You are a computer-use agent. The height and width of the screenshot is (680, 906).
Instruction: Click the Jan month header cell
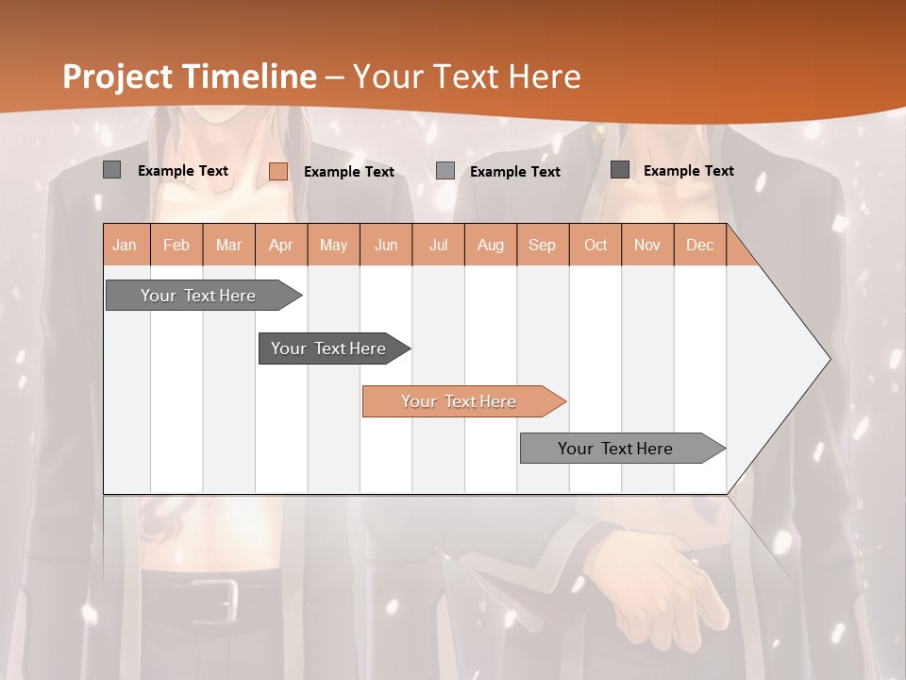[x=126, y=246]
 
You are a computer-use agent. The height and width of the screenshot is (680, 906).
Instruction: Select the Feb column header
[x=176, y=246]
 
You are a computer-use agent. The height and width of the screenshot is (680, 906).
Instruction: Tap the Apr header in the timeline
[x=281, y=246]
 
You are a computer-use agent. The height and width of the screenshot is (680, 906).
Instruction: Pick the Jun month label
[x=386, y=246]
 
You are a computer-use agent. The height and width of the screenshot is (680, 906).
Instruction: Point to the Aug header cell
[x=491, y=246]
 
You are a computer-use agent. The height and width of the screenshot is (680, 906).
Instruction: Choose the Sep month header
[x=543, y=246]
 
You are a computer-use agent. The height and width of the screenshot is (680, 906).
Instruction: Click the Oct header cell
[x=596, y=246]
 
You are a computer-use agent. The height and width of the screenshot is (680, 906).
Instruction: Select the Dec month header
[x=700, y=246]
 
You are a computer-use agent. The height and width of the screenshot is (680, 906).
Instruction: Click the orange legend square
[x=278, y=171]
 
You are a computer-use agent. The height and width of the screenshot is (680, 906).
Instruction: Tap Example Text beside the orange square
[x=349, y=172]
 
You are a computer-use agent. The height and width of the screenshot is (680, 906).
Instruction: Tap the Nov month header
[x=647, y=246]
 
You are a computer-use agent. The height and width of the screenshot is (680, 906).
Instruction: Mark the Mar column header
[x=228, y=246]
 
